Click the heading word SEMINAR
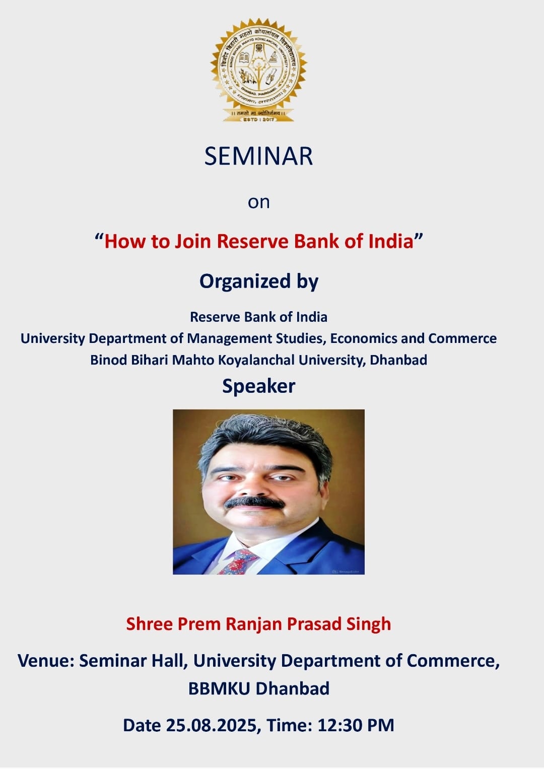[258, 156]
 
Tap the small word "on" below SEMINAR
[259, 202]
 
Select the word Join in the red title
[192, 241]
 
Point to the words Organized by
[259, 281]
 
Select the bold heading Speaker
[259, 386]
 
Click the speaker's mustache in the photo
[254, 503]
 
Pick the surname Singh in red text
[368, 624]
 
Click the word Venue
[46, 661]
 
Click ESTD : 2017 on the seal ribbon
[258, 119]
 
